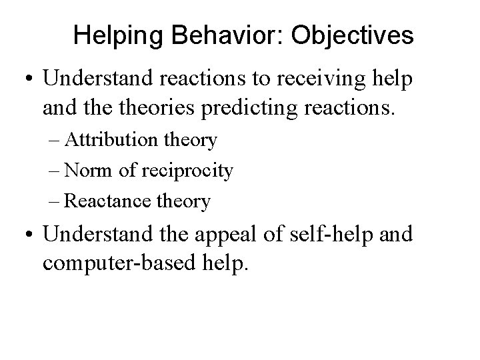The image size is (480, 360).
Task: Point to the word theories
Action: tap(171, 106)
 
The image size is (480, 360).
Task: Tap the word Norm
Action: tap(99, 171)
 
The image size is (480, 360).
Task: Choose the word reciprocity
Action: tap(189, 171)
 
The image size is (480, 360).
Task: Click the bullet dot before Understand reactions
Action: tap(28, 79)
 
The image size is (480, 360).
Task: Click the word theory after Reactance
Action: tap(185, 201)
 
